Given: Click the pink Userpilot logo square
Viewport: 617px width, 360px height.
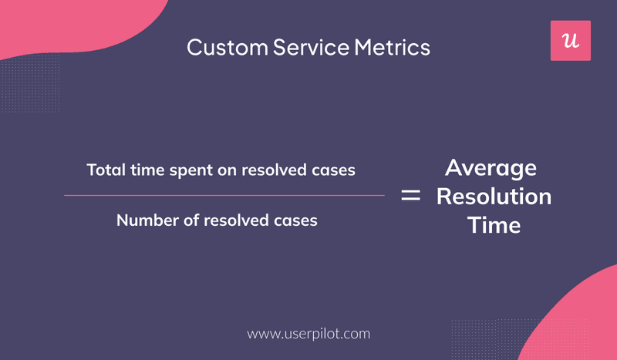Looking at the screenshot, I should [x=570, y=41].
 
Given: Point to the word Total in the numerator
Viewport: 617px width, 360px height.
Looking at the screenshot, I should [x=103, y=170].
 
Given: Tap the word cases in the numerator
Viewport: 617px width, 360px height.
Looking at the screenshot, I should [x=333, y=170].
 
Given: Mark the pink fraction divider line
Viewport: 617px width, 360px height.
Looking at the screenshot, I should [x=224, y=195].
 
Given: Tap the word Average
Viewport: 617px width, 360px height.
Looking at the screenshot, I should [x=491, y=168].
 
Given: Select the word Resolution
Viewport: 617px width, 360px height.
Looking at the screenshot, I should [x=494, y=197].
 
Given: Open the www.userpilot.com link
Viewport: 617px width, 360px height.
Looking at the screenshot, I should [x=308, y=334].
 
